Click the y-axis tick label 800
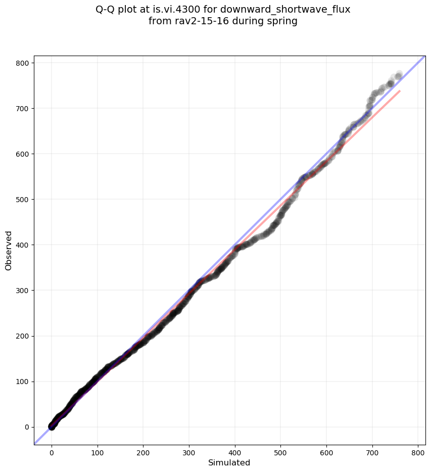(23, 63)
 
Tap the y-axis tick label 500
(23, 199)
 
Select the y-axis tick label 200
(23, 336)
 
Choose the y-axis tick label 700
(23, 108)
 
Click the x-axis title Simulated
(229, 462)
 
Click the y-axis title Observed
(9, 250)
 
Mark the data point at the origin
(52, 427)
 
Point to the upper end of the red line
(400, 91)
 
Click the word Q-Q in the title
(107, 9)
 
